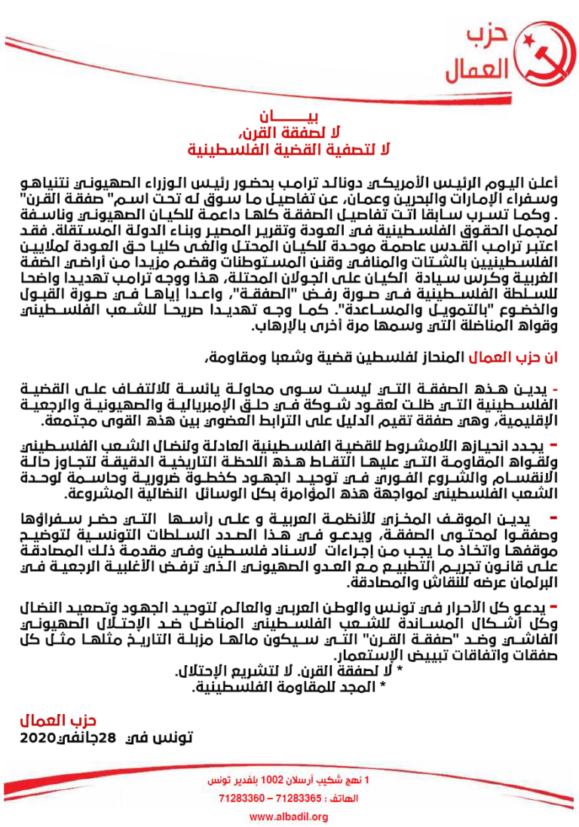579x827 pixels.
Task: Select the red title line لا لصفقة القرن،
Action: [289, 133]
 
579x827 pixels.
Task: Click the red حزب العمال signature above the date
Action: [59, 722]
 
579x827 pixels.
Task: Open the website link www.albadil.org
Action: [289, 816]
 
